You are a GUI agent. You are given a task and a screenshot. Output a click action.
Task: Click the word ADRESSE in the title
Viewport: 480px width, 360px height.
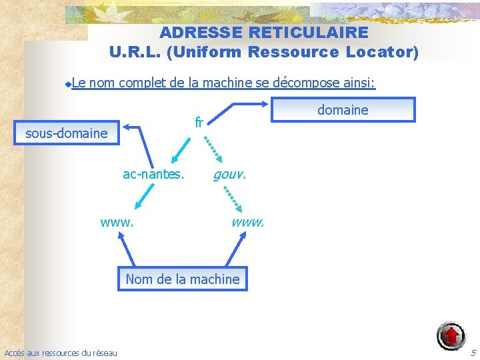point(201,32)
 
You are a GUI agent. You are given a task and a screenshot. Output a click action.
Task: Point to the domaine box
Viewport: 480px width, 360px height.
point(343,110)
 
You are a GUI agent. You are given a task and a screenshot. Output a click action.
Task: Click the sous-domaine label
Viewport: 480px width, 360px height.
point(66,133)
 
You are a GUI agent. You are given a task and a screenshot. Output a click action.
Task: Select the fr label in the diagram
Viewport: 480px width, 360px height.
point(199,123)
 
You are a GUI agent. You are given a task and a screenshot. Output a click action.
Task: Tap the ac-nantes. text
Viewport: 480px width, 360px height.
point(153,175)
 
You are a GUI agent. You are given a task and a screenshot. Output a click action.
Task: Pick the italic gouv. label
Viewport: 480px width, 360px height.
point(229,175)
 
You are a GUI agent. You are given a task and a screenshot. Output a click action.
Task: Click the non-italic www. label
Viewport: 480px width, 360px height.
point(117,221)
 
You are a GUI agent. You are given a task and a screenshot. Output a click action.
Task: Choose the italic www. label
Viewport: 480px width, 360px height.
point(247,221)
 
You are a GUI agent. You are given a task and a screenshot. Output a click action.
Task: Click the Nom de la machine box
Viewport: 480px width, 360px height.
point(182,279)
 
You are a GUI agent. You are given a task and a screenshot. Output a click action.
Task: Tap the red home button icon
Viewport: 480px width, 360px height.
point(451,335)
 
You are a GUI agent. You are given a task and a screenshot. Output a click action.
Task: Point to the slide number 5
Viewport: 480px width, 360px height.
point(473,352)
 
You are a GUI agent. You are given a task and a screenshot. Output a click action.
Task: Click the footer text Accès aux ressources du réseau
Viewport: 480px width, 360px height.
point(60,353)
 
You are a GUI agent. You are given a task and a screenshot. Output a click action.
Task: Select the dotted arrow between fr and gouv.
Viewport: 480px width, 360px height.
point(213,147)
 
